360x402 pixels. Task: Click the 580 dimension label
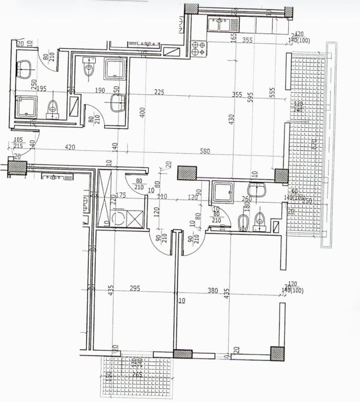pyautogui.click(x=205, y=152)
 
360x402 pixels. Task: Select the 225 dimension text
pyautogui.click(x=159, y=93)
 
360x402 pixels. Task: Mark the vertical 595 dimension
pyautogui.click(x=251, y=97)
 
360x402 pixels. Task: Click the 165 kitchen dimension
pyautogui.click(x=233, y=37)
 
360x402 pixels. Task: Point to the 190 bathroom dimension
pyautogui.click(x=100, y=91)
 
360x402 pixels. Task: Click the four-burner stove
pyautogui.click(x=199, y=48)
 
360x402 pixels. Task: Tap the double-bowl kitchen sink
pyautogui.click(x=222, y=24)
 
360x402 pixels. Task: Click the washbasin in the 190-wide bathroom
pyautogui.click(x=118, y=103)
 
